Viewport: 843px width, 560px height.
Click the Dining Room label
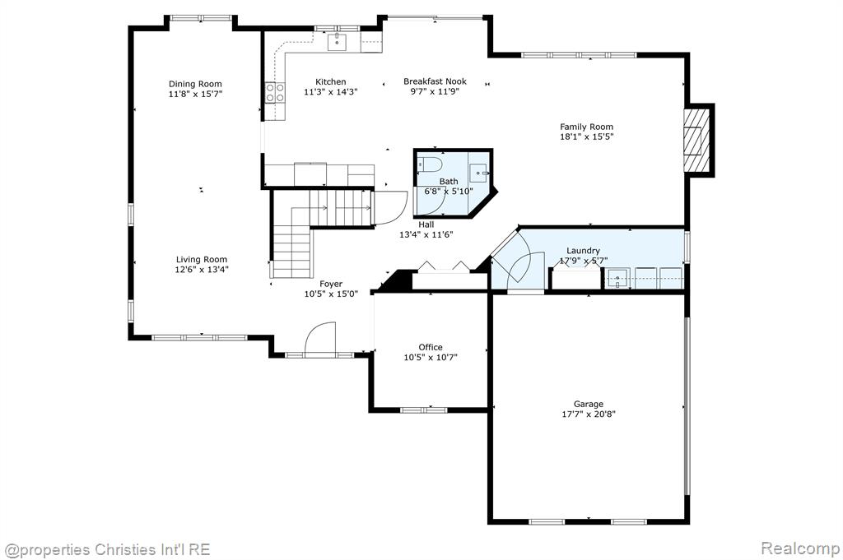tap(195, 84)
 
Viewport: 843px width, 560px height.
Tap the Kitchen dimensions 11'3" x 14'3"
tap(331, 92)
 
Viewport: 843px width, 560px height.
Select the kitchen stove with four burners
tap(275, 92)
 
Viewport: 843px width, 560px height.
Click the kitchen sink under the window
tap(337, 42)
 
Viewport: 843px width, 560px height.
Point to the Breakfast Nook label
tap(435, 81)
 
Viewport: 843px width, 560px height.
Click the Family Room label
tap(586, 127)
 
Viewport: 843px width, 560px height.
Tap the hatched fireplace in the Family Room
tap(696, 141)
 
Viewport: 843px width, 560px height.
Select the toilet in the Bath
tap(429, 164)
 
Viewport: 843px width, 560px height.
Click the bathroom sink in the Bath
tap(480, 173)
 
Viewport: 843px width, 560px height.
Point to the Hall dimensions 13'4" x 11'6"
tap(426, 234)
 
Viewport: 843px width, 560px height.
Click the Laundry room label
tap(584, 251)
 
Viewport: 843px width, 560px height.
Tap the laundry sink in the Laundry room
tap(617, 278)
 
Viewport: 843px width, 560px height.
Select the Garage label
tap(588, 405)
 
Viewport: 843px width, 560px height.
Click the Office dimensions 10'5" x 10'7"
tap(431, 358)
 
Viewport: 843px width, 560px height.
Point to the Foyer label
tap(331, 284)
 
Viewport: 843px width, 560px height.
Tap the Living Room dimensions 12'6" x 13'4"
tap(202, 270)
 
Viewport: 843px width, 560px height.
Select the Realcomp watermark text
tap(799, 548)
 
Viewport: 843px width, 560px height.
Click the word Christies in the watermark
tap(125, 550)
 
